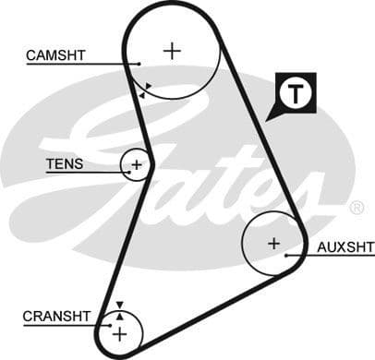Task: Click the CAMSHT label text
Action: coord(55,55)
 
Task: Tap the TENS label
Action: coord(65,165)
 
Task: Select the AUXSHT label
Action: coord(345,247)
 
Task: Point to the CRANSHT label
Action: coord(56,316)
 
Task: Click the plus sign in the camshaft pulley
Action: coord(172,50)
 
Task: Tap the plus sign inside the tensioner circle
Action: coord(137,166)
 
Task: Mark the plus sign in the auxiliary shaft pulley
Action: coord(273,244)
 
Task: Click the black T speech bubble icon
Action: coord(293,94)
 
